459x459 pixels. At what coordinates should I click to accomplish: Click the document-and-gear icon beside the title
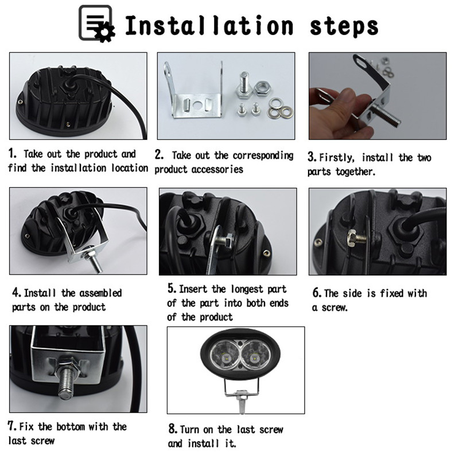point(96,24)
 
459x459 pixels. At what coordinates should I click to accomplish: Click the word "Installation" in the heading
point(209,25)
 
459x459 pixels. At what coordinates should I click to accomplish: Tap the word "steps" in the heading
point(344,27)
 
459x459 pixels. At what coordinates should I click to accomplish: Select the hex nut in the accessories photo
point(262,88)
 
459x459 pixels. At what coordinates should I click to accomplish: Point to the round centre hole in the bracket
point(197,104)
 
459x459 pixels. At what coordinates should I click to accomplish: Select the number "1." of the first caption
point(13,153)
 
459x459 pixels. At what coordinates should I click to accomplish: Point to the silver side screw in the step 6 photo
point(356,238)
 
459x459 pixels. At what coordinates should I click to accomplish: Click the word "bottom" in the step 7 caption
point(71,427)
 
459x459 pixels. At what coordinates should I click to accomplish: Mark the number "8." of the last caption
point(173,429)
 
